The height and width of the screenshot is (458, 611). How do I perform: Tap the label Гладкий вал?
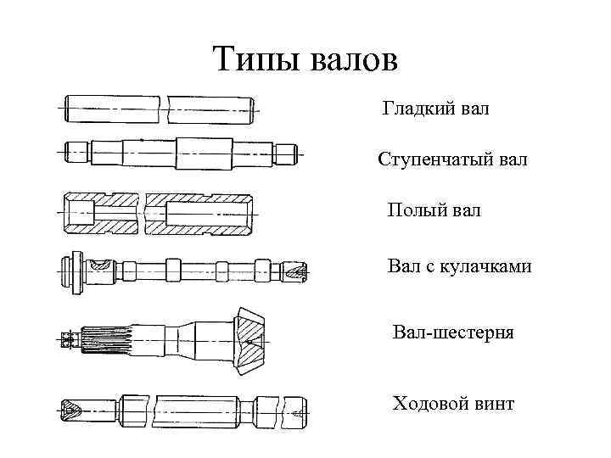(435, 109)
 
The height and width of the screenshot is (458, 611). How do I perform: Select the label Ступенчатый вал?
(452, 159)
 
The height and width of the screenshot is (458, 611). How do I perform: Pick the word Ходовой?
(429, 403)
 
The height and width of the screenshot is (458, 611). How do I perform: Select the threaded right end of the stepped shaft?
(289, 154)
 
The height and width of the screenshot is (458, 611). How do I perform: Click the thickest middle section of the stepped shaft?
(204, 154)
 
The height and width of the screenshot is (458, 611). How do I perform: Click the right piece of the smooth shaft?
(212, 110)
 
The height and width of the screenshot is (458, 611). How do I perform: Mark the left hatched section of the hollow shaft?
(102, 213)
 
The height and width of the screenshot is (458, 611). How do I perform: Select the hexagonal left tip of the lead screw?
(70, 411)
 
